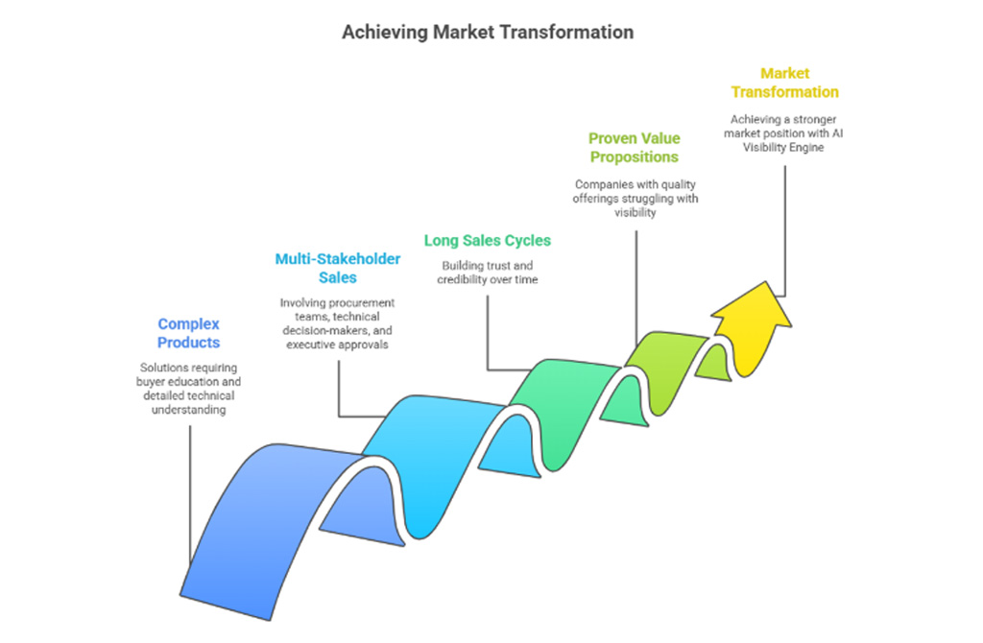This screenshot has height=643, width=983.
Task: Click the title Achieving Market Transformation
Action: click(x=488, y=32)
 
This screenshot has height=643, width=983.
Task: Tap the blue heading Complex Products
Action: click(x=188, y=333)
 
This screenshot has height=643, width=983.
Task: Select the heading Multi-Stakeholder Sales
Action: click(x=337, y=268)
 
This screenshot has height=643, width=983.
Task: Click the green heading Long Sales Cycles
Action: click(x=487, y=240)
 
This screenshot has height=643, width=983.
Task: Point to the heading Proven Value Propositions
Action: click(x=634, y=147)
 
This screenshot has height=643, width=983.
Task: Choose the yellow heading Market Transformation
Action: click(x=784, y=83)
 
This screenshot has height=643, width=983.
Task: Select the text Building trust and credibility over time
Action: click(x=487, y=272)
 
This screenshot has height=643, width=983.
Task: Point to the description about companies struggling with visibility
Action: click(x=635, y=198)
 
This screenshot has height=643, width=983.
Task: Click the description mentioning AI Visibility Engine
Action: click(x=784, y=132)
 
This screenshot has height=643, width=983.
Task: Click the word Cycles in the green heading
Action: click(x=527, y=240)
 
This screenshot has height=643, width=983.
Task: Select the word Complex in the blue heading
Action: click(x=188, y=324)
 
